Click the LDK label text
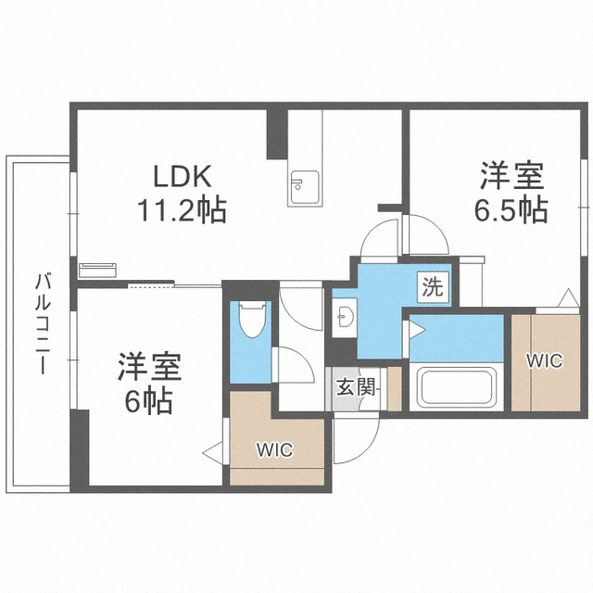coord(182,176)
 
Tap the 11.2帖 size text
coord(182,210)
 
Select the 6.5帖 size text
coord(511,209)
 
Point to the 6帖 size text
coord(149,399)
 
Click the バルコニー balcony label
coord(43,323)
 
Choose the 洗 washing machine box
coord(433,286)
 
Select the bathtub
coord(456,387)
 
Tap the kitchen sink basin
coord(305,188)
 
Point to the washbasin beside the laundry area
coord(345,317)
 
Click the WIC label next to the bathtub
coord(545,360)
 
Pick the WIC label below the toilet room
coord(274,450)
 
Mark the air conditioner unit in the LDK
coord(97,270)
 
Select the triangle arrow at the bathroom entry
coord(417,330)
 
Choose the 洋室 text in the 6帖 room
coord(150,366)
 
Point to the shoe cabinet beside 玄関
coord(394,388)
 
